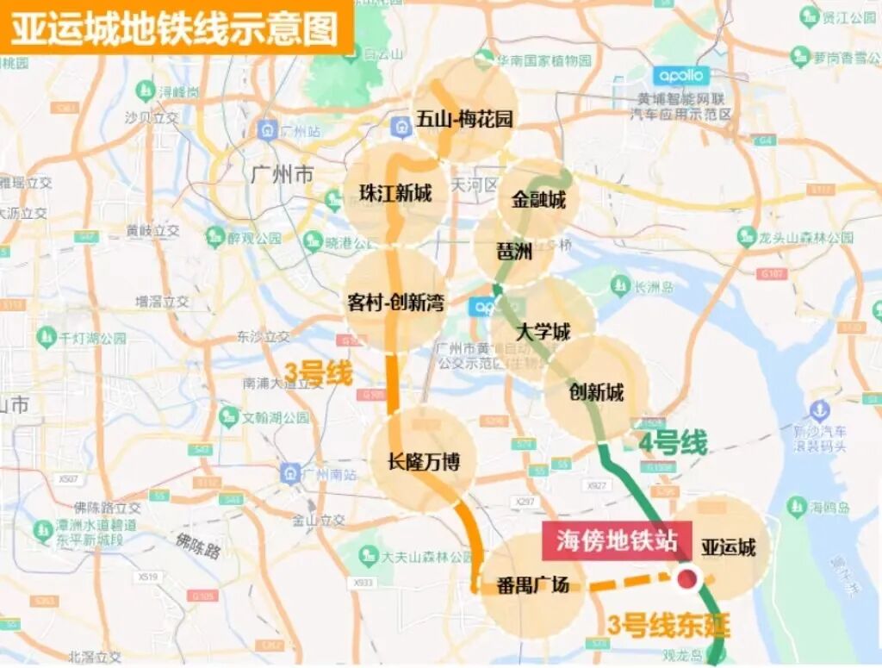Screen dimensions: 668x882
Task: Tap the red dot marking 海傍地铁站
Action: pyautogui.click(x=686, y=579)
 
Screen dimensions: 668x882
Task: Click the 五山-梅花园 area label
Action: pyautogui.click(x=464, y=119)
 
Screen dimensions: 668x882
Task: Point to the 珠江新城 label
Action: pyautogui.click(x=395, y=193)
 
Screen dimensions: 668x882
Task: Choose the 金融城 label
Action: pyautogui.click(x=538, y=200)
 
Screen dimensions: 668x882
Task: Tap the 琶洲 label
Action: pyautogui.click(x=515, y=252)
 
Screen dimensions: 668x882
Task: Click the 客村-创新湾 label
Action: pyautogui.click(x=395, y=303)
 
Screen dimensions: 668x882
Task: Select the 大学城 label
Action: pyautogui.click(x=543, y=331)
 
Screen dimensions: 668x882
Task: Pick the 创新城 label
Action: pyautogui.click(x=596, y=392)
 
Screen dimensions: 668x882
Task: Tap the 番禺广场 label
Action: pyautogui.click(x=533, y=585)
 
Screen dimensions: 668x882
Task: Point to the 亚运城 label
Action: pyautogui.click(x=728, y=546)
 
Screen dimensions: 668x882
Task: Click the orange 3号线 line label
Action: pyautogui.click(x=320, y=375)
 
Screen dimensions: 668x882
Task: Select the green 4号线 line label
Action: pyautogui.click(x=673, y=443)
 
